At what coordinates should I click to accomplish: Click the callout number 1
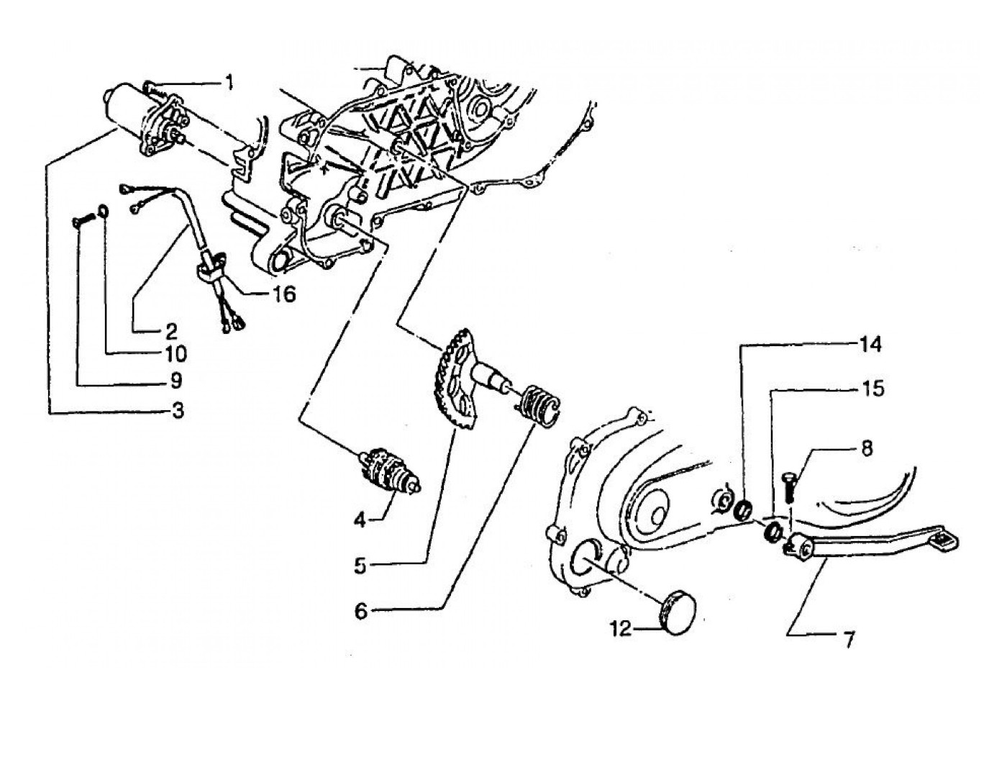(x=229, y=83)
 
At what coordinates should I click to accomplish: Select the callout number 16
(x=283, y=295)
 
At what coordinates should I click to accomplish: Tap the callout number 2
(x=170, y=331)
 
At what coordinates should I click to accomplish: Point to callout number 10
(x=175, y=354)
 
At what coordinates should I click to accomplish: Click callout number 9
(x=176, y=380)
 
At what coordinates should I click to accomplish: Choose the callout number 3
(x=177, y=411)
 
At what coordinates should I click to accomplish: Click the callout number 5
(x=360, y=566)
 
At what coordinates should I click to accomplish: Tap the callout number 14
(x=870, y=345)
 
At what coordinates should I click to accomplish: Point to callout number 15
(x=870, y=389)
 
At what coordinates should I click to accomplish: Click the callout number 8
(x=867, y=448)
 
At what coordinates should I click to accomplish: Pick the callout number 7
(x=849, y=638)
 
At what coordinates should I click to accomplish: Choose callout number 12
(x=621, y=629)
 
